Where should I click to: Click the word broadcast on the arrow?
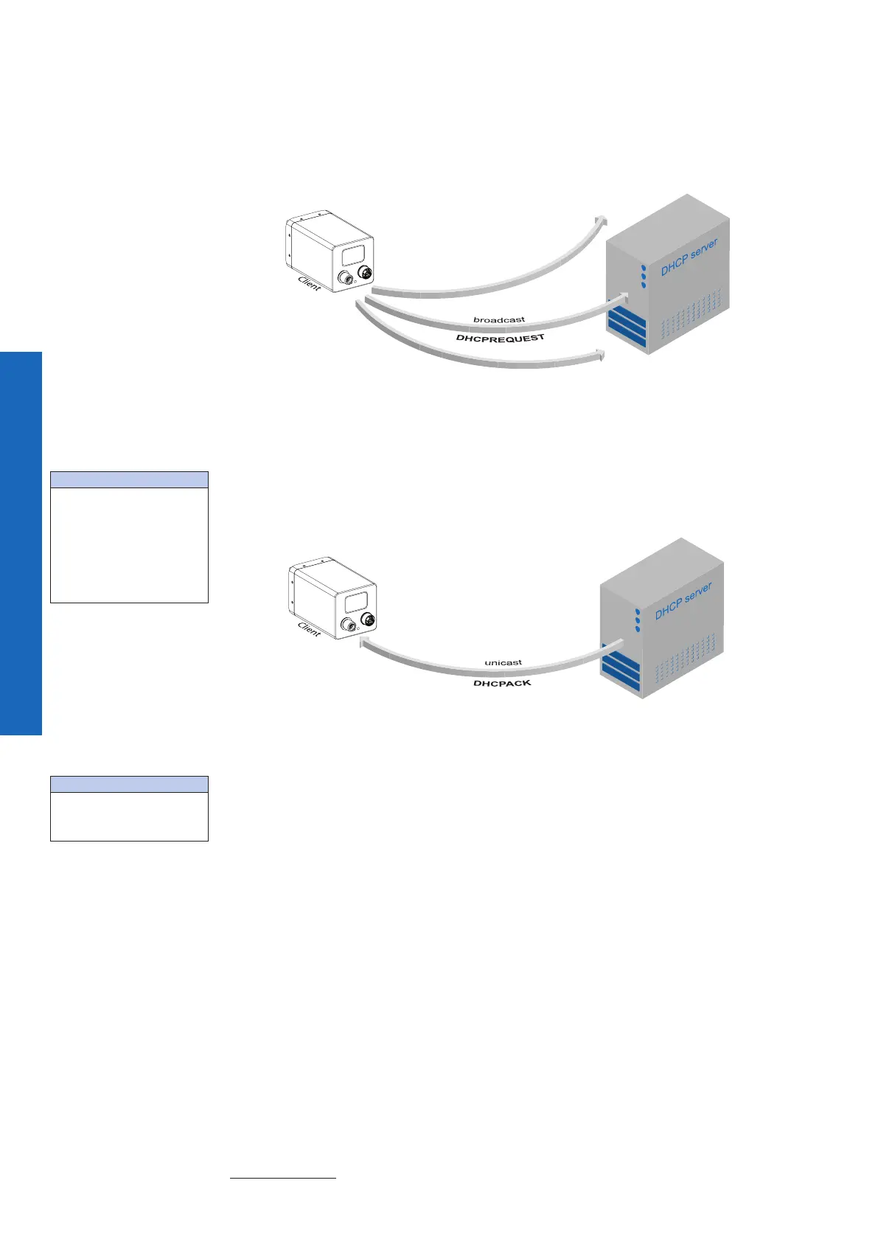499,320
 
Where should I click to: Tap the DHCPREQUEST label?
500,338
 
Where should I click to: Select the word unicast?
503,662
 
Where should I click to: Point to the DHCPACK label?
501,684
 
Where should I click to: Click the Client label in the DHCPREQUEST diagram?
309,283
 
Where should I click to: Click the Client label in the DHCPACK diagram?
309,629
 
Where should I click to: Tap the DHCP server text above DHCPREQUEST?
689,257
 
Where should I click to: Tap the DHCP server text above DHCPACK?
683,601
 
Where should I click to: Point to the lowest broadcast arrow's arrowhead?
601,357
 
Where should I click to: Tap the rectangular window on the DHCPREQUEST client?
353,257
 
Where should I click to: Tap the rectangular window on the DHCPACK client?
358,600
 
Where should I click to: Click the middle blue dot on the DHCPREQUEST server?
644,277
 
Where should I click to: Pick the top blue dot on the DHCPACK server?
638,611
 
